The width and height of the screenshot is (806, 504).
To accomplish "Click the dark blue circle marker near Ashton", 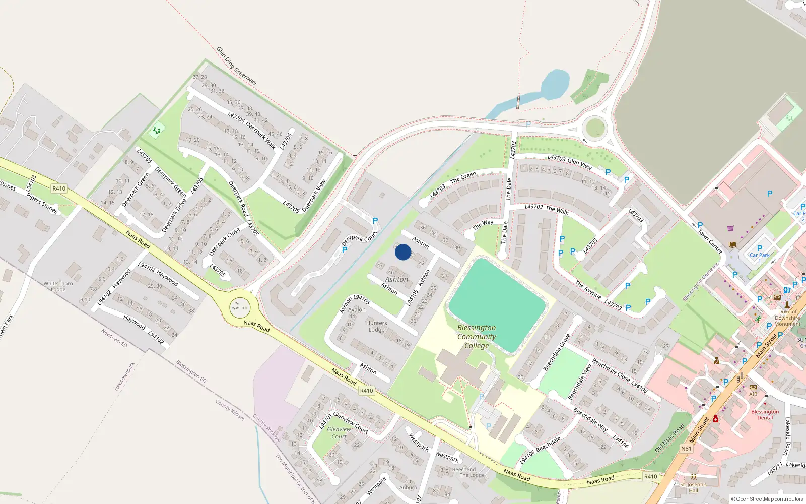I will (x=403, y=252).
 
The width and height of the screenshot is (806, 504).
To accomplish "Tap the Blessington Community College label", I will (x=477, y=337).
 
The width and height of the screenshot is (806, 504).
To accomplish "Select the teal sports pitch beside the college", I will (x=497, y=304).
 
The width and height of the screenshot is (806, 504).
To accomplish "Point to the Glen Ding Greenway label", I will (x=236, y=66).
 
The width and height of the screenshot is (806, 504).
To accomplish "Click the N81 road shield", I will (x=686, y=449).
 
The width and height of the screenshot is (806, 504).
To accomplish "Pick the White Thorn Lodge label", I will (x=58, y=286).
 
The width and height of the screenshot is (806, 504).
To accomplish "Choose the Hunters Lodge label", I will (x=376, y=326).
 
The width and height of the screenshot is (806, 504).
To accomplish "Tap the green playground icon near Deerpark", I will (x=157, y=130).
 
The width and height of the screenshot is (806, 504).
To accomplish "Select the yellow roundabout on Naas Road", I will (x=239, y=307).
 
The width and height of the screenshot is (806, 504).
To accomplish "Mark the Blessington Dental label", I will (x=765, y=414).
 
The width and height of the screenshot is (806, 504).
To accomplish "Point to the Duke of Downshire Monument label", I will (x=787, y=318).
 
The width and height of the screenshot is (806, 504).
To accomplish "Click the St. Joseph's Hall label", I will (x=693, y=487).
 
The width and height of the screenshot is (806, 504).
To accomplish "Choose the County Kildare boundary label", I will (x=230, y=410).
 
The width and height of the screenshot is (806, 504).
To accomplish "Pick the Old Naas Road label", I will (x=669, y=437).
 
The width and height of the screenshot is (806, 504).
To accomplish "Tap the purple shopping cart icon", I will (x=731, y=228).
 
